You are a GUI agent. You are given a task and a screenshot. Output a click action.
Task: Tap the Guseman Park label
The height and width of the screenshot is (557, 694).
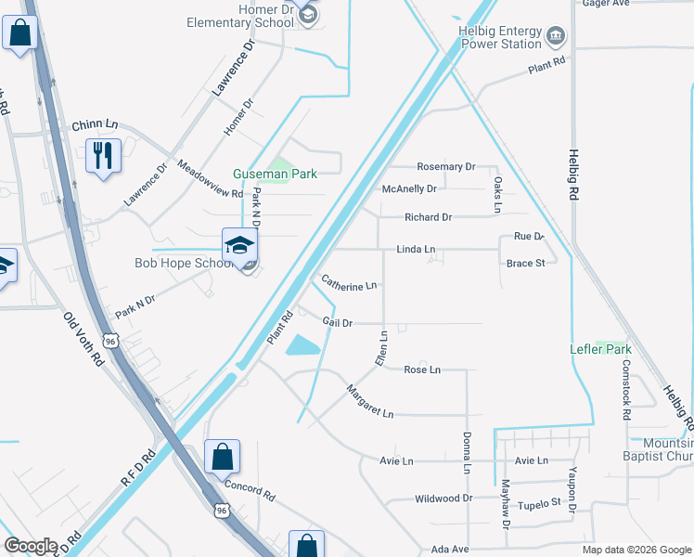pos(275,174)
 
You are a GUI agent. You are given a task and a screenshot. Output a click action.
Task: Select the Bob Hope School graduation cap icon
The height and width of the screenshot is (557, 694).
pos(238,245)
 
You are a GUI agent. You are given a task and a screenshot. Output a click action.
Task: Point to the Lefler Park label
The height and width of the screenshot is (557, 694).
pos(600,350)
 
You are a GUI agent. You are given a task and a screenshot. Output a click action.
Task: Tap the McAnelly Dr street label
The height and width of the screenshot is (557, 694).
pos(409,189)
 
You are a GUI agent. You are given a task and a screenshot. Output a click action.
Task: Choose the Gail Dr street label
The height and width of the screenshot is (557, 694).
pos(338,322)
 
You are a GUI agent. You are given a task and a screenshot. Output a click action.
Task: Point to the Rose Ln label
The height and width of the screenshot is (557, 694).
pos(422,369)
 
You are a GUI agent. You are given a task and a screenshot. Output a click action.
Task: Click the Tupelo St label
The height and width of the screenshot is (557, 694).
pos(540,503)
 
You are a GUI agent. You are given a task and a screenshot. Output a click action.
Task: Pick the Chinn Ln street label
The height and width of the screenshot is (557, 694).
pos(96,124)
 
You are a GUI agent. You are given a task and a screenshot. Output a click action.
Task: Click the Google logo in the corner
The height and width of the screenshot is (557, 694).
pos(31,547)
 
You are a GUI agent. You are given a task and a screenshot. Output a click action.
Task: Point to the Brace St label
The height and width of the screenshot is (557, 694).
pos(525,264)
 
